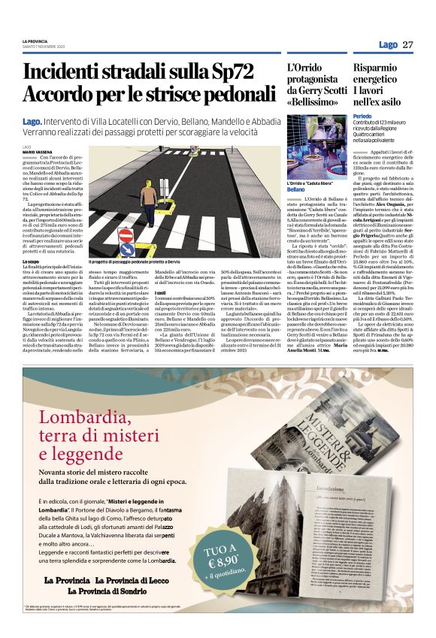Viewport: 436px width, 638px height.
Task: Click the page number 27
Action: pyautogui.click(x=407, y=44)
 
